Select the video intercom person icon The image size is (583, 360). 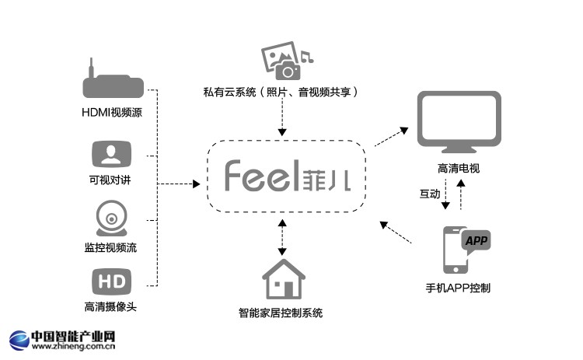click(x=110, y=154)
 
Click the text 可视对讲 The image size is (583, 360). click(x=111, y=180)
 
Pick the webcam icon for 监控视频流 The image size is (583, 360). click(x=110, y=218)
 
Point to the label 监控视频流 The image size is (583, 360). click(x=111, y=247)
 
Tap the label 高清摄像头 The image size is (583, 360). click(x=111, y=306)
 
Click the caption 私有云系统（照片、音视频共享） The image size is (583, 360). click(x=281, y=93)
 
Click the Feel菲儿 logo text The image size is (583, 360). click(x=287, y=177)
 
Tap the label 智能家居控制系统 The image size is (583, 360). click(x=281, y=313)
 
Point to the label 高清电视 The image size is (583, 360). click(x=459, y=168)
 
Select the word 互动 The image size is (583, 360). click(x=430, y=193)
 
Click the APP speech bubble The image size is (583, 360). click(x=476, y=241)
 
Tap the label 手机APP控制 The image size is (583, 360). click(x=459, y=288)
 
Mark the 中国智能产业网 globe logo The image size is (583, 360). click(x=19, y=340)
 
